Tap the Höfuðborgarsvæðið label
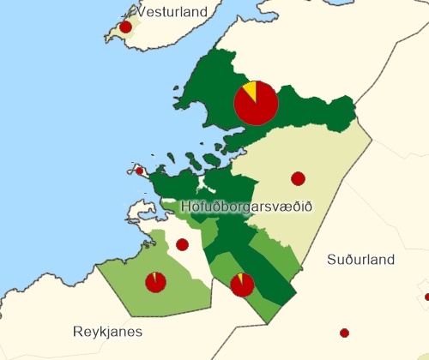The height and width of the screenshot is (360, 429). click(x=247, y=207)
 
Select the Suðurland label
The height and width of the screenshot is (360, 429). click(x=360, y=260)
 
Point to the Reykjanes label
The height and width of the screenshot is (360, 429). click(x=107, y=331)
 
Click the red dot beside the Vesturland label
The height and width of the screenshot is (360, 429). click(x=126, y=27)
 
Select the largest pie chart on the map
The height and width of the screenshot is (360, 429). click(x=256, y=103)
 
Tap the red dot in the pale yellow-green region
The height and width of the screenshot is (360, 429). click(x=298, y=178)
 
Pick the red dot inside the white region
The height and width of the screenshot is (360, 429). click(x=182, y=244)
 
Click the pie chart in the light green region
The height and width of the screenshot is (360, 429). click(x=155, y=281)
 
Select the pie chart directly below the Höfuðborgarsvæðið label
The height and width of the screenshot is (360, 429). click(x=242, y=284)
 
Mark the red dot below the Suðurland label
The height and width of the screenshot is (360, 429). click(x=344, y=333)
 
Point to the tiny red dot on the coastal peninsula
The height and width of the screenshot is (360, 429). click(x=140, y=171)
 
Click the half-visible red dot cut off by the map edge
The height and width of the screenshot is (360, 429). click(x=426, y=297)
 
